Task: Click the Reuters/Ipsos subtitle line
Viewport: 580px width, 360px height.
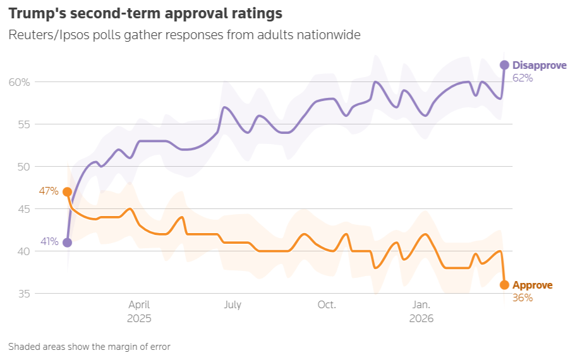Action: pos(184,35)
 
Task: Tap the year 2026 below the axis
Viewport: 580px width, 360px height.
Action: pos(421,319)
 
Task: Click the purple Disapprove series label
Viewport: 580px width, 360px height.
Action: pos(539,65)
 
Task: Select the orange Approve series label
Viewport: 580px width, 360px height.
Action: pos(532,285)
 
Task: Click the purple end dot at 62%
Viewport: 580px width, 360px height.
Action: pos(504,65)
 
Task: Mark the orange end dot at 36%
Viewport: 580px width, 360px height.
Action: pos(504,285)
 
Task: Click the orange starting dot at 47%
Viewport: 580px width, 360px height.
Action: pos(68,192)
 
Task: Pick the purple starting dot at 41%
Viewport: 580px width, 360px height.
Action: pos(68,243)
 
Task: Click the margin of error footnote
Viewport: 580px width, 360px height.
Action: pos(89,346)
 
